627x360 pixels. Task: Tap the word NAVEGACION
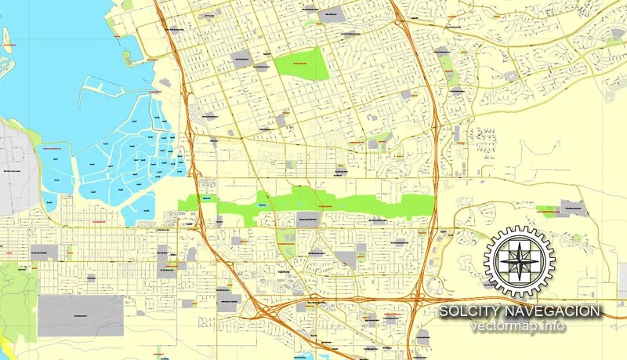[557, 312]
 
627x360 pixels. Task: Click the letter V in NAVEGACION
[536, 312]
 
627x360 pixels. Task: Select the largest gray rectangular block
[81, 315]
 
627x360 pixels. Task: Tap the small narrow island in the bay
[6, 40]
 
